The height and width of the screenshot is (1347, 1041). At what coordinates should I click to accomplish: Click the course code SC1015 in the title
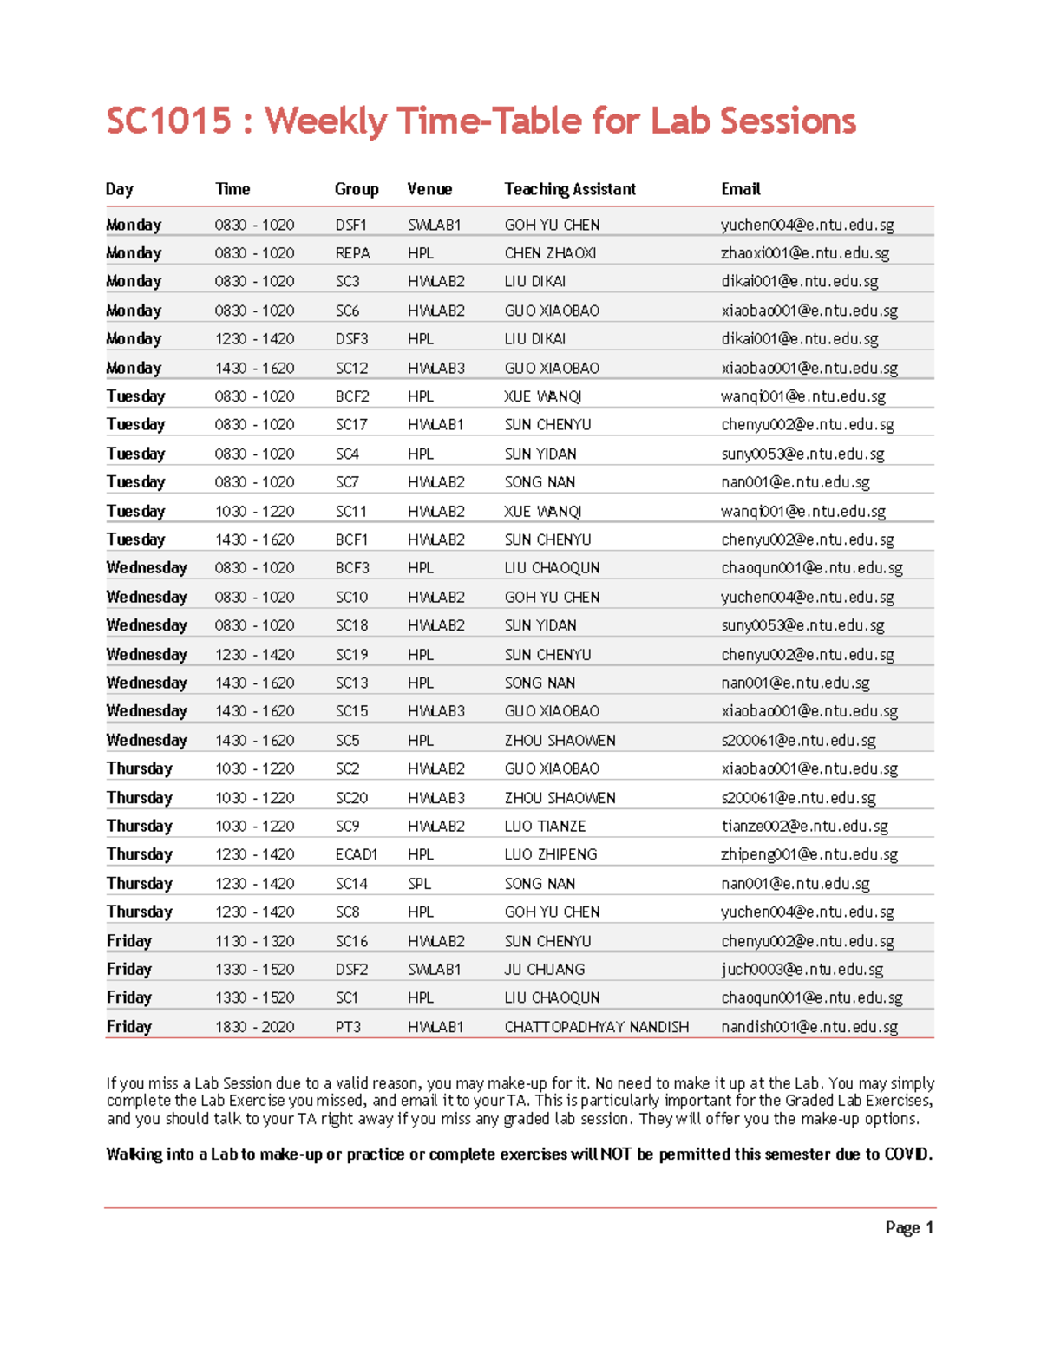tap(169, 121)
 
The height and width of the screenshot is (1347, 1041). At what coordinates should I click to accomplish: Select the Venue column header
tap(429, 189)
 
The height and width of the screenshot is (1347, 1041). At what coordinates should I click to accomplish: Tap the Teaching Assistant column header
tap(570, 189)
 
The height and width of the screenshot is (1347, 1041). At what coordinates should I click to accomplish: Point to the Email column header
tap(741, 189)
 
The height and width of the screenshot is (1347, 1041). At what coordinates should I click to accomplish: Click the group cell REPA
tap(352, 253)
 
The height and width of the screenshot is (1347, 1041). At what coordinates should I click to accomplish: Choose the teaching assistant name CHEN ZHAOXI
tap(550, 253)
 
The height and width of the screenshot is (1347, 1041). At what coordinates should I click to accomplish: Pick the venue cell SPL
tap(420, 883)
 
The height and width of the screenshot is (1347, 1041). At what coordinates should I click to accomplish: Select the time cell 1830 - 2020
tap(255, 1027)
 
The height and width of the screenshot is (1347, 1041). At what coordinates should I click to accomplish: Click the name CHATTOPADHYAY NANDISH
tap(597, 1027)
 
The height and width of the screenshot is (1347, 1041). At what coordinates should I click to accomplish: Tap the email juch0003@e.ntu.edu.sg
tap(802, 970)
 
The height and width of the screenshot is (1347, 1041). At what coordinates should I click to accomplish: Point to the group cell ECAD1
tap(357, 854)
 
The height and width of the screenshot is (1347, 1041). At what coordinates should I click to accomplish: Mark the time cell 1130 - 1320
tap(255, 941)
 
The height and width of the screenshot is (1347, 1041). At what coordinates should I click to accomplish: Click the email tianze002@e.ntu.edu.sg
tap(805, 827)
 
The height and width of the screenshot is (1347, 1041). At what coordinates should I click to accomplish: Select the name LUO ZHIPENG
tap(551, 854)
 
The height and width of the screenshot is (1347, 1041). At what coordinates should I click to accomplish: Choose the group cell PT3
tap(348, 1027)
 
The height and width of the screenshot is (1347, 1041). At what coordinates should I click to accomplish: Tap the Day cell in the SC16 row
tap(129, 941)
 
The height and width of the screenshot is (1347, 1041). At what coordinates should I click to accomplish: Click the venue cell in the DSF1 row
tap(435, 225)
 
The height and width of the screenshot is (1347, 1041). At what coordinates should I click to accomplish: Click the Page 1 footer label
tap(909, 1227)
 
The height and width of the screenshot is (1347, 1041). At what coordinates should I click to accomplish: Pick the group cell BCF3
tap(352, 568)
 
